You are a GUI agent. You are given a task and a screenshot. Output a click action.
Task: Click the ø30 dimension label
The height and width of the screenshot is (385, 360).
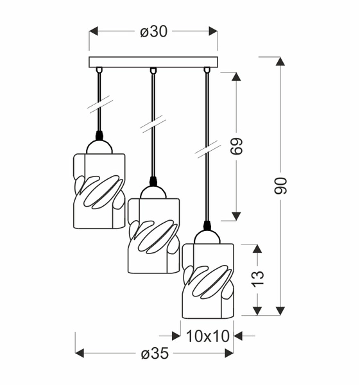point(153,31)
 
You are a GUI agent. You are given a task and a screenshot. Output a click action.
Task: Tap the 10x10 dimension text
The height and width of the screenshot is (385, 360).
point(207,335)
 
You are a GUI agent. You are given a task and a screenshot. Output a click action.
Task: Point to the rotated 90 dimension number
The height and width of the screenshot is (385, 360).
point(280,185)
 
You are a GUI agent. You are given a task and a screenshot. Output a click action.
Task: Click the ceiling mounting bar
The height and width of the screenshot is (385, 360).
point(153,62)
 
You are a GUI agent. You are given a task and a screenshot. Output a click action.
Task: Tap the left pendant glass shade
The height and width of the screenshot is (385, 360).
point(99,189)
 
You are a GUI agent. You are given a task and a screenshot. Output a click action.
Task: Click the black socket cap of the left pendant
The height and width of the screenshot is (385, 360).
point(99,135)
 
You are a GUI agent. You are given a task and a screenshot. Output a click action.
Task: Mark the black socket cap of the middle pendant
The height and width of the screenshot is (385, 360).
point(153,181)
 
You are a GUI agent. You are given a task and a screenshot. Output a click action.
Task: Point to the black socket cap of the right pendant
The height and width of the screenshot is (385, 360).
point(207,226)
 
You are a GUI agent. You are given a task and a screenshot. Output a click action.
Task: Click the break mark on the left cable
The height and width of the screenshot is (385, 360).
point(99,102)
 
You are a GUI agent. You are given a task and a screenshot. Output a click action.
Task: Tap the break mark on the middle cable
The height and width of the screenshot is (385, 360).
point(153,121)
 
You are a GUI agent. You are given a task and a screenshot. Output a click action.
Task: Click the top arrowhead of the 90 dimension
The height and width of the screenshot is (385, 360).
point(280,62)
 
